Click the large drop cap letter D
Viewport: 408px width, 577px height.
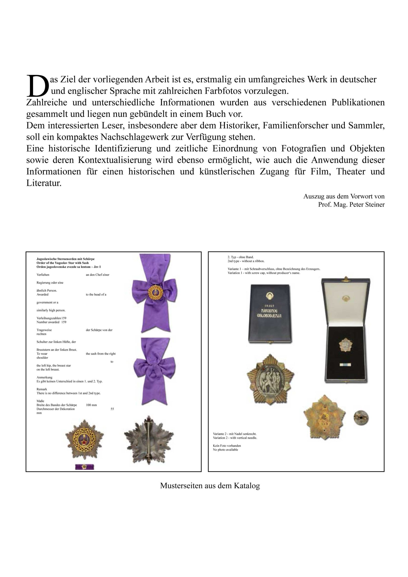37,86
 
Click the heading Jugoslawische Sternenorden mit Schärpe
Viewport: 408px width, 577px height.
65,259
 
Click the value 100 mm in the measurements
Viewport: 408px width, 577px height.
91,405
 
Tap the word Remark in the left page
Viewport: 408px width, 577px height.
42,389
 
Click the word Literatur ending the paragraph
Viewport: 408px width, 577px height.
44,183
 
